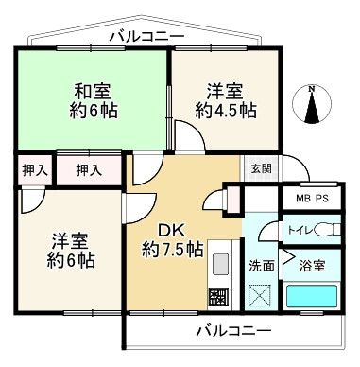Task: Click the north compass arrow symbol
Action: pyautogui.click(x=313, y=104)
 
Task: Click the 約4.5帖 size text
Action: pyautogui.click(x=225, y=111)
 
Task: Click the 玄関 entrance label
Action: pyautogui.click(x=261, y=169)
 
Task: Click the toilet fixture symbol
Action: pyautogui.click(x=328, y=230)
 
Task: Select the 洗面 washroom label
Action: pyautogui.click(x=262, y=266)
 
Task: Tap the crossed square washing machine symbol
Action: pyautogui.click(x=262, y=295)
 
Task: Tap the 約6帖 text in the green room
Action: pyautogui.click(x=93, y=111)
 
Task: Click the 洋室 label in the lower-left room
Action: pyautogui.click(x=68, y=238)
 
